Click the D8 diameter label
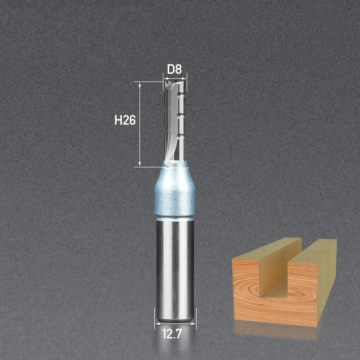point(174,69)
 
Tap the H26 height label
point(125,120)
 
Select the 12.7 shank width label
point(172,333)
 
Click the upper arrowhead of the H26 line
point(139,84)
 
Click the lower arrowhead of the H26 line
point(139,164)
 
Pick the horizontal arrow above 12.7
point(175,324)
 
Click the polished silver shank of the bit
point(175,270)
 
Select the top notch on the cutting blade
point(182,94)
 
